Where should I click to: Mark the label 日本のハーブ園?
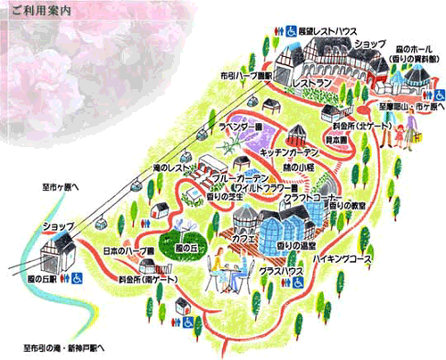(x=129, y=250)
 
